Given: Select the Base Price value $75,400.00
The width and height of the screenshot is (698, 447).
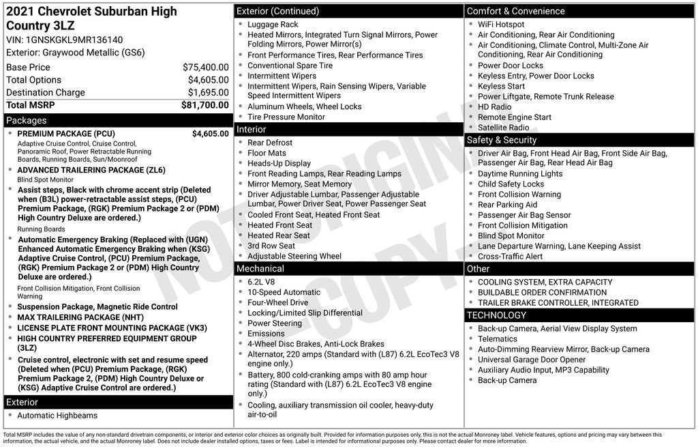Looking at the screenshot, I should click(x=205, y=68).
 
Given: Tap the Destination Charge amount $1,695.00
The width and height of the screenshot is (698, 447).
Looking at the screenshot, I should click(x=208, y=93).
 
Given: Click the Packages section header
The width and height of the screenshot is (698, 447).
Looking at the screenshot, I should click(x=26, y=121).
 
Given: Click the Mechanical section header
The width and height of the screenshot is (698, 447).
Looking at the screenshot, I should click(x=260, y=269).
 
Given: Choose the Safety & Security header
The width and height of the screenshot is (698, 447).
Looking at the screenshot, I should click(x=502, y=140).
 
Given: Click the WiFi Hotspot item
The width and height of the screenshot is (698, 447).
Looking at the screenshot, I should click(x=501, y=25).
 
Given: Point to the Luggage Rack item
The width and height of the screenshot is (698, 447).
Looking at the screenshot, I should click(x=273, y=25).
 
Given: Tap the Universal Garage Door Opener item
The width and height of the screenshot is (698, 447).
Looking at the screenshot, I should click(x=532, y=360).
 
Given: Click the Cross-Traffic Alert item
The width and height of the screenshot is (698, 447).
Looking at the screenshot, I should click(x=510, y=257).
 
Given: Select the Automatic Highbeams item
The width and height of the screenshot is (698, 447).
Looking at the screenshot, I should click(x=57, y=416).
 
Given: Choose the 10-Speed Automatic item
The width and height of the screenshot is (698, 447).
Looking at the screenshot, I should click(x=284, y=292).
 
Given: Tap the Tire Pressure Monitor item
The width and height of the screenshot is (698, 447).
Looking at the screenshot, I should click(x=286, y=117).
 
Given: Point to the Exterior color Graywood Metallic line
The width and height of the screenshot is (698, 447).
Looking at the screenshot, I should click(x=75, y=53).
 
